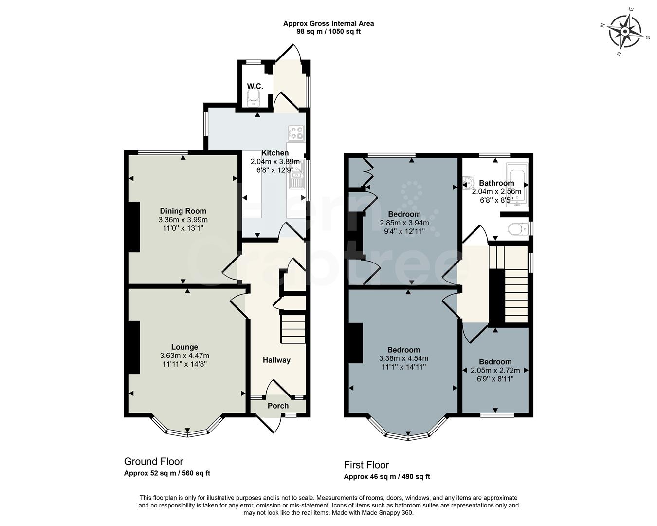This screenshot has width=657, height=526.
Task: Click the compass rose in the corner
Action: pos(625,32)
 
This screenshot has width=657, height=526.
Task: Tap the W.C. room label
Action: pos(255,86)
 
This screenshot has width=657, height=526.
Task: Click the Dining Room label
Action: pos(183,211)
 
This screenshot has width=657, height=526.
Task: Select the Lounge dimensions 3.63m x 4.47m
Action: pos(184,356)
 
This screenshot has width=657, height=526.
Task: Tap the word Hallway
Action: pos(276,360)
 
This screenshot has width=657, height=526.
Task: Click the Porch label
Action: pos(278,406)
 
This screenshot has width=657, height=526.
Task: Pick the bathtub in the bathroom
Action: pos(517,185)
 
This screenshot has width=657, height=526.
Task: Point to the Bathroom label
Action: pos(496,183)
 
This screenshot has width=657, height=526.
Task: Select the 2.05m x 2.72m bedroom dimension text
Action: pos(495,370)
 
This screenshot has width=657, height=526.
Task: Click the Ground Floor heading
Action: pos(153,461)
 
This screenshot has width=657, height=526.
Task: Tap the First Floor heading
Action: pos(366,465)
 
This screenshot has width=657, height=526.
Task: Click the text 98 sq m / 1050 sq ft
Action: pos(328,31)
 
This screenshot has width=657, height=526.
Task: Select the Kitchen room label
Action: pos(275,153)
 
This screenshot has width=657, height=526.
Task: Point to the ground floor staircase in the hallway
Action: pos(292,329)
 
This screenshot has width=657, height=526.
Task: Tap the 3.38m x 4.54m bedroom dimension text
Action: pos(403,358)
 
